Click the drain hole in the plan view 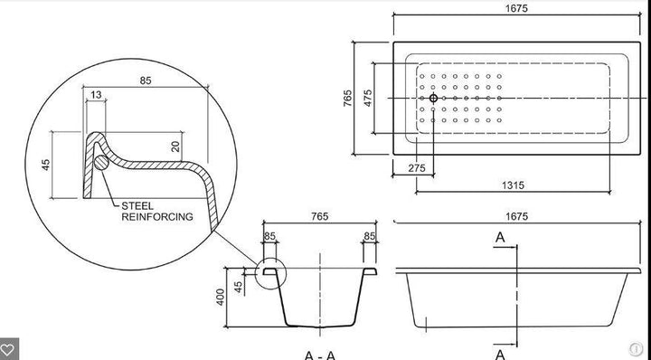point(433,98)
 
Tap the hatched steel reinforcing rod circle point(101,162)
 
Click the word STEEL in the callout point(137,206)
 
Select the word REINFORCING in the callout point(157,216)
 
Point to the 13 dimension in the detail point(96,95)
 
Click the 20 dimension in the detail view point(175,147)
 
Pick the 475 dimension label point(368,98)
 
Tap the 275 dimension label point(417,167)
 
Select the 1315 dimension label point(513,185)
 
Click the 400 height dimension point(221,297)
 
